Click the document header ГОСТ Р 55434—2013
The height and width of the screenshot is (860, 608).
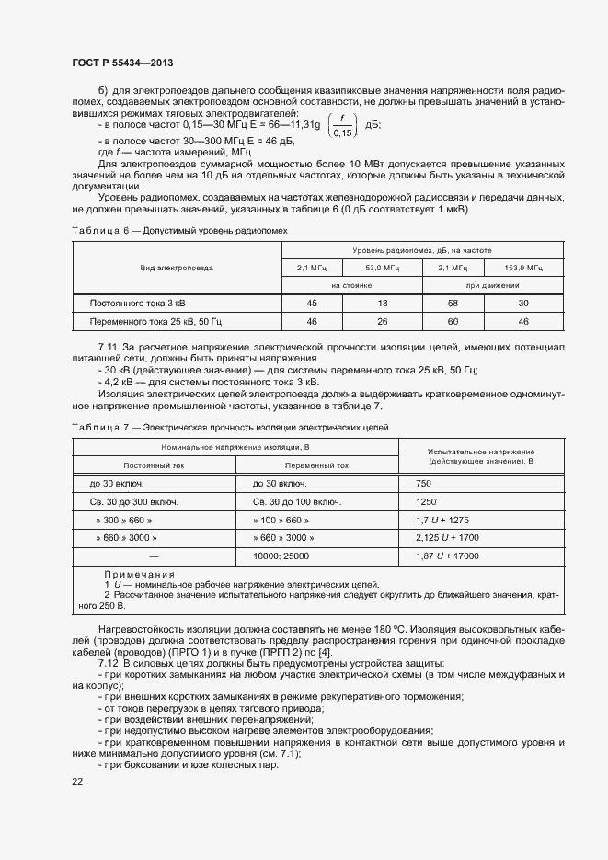click(121, 63)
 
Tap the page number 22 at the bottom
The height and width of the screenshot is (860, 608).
click(77, 781)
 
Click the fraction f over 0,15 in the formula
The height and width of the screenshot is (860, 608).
click(342, 125)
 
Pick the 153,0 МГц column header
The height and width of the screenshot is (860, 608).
click(522, 268)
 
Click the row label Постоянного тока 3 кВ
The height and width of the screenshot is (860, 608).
click(143, 303)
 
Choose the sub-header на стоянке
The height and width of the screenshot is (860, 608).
click(350, 286)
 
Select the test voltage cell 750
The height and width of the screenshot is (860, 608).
click(424, 483)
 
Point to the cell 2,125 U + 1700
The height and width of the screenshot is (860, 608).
click(448, 538)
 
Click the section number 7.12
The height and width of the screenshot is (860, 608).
click(109, 663)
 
